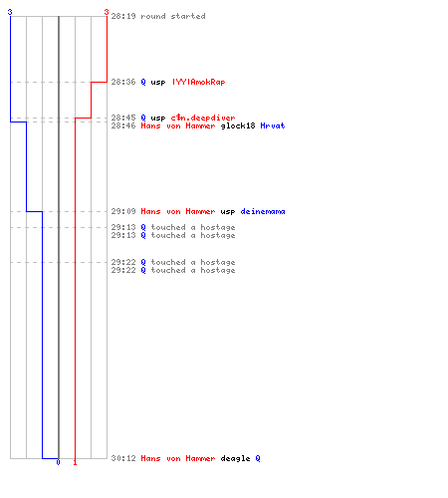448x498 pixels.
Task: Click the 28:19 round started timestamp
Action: [123, 16]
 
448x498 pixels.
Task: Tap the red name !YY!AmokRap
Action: [198, 82]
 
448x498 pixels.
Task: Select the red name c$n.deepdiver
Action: [203, 118]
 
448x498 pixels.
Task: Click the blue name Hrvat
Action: [273, 125]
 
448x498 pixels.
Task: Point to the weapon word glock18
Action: [238, 125]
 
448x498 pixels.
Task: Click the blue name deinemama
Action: [263, 211]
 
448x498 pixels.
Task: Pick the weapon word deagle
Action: [235, 458]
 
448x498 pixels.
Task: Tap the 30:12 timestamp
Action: [123, 458]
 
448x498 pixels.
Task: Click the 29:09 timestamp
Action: [123, 211]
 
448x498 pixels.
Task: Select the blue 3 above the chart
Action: [10, 12]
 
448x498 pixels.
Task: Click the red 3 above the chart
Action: [107, 12]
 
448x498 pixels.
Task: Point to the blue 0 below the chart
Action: [58, 462]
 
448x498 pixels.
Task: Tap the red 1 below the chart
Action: [75, 462]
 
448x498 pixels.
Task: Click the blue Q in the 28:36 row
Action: [143, 82]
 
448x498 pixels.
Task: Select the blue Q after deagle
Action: [258, 458]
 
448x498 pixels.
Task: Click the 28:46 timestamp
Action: [123, 125]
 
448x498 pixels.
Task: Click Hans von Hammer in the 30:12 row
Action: [178, 458]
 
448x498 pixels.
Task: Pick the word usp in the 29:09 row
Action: [228, 211]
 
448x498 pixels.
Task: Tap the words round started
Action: [173, 16]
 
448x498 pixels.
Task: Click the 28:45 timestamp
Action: [123, 118]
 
